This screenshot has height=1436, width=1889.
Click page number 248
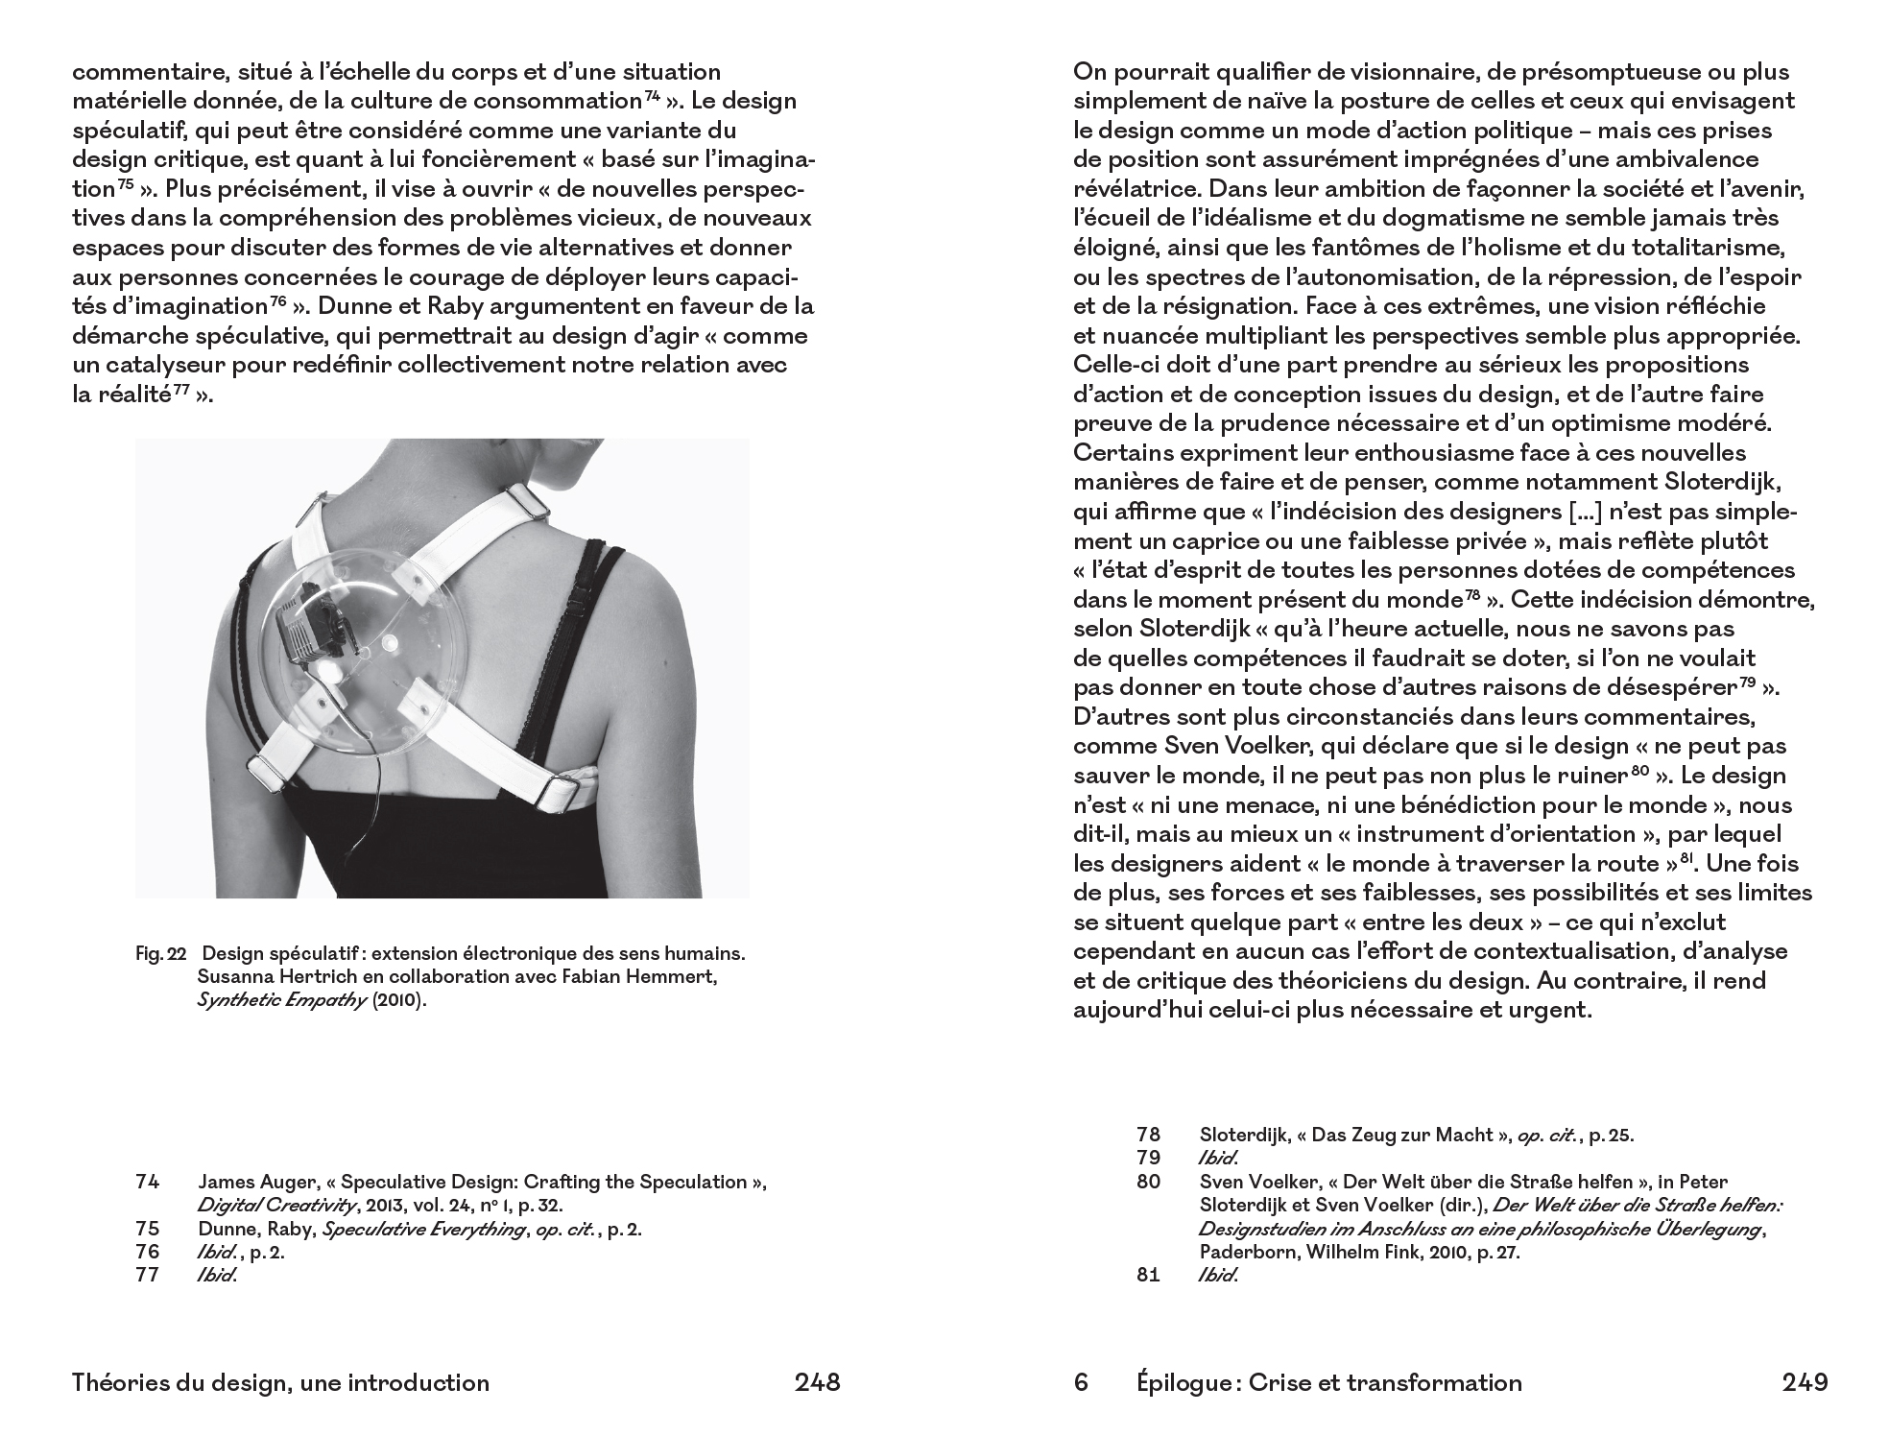click(x=817, y=1382)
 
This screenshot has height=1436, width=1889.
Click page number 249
click(x=1805, y=1382)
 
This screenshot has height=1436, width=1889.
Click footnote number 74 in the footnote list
click(x=147, y=1182)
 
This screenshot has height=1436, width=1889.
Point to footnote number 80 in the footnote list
click(x=1148, y=1182)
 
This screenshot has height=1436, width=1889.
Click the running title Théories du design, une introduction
click(x=280, y=1382)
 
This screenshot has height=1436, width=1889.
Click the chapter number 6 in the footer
click(x=1081, y=1382)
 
